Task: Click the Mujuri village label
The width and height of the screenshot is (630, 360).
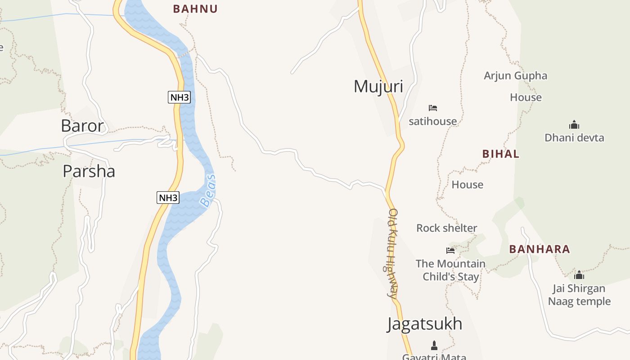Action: pyautogui.click(x=378, y=86)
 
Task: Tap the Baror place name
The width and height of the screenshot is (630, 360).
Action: pyautogui.click(x=82, y=126)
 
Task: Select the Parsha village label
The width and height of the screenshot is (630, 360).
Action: pyautogui.click(x=89, y=171)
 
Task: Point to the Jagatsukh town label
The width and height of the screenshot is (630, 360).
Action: pyautogui.click(x=424, y=324)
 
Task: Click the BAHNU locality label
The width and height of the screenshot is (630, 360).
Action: pyautogui.click(x=195, y=9)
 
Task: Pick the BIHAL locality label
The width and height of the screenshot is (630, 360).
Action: pyautogui.click(x=501, y=154)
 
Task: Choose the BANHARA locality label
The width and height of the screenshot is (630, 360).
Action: pyautogui.click(x=540, y=249)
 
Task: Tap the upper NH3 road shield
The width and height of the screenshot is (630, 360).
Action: pyautogui.click(x=180, y=97)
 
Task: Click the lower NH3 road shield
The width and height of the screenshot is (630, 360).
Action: pyautogui.click(x=168, y=197)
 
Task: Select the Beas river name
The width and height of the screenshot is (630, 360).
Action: pyautogui.click(x=208, y=191)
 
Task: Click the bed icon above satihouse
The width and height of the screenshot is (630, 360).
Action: pyautogui.click(x=433, y=108)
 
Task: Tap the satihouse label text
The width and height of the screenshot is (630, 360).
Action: pyautogui.click(x=432, y=121)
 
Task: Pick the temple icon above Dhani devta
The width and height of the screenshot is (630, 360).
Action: pyautogui.click(x=574, y=125)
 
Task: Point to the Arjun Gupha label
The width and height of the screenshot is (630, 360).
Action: pyautogui.click(x=515, y=76)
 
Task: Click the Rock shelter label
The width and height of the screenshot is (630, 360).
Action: pyautogui.click(x=446, y=228)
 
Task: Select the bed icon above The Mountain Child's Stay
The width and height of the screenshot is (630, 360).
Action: pyautogui.click(x=450, y=250)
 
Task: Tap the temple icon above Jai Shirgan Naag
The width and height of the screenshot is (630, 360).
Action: pyautogui.click(x=579, y=274)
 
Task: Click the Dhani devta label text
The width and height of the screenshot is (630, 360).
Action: pyautogui.click(x=574, y=138)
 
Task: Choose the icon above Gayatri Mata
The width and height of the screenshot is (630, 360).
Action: pyautogui.click(x=434, y=346)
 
